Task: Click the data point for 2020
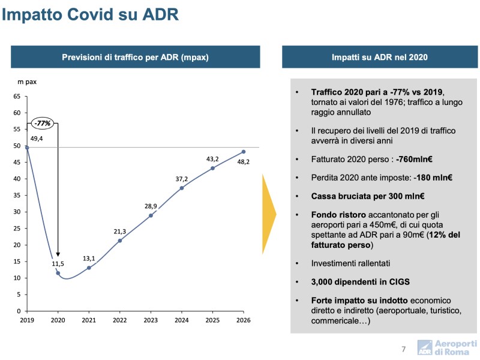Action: pos(58,273)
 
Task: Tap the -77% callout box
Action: pos(42,123)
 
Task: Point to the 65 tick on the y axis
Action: pos(16,96)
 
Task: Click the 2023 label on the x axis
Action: pos(151,320)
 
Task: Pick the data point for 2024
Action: pos(182,188)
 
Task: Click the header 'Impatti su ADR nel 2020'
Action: pos(379,58)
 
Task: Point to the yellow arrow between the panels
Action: pos(269,213)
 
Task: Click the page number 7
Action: pos(403,349)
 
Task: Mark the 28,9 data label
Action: pos(151,206)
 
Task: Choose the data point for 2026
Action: pos(244,152)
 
